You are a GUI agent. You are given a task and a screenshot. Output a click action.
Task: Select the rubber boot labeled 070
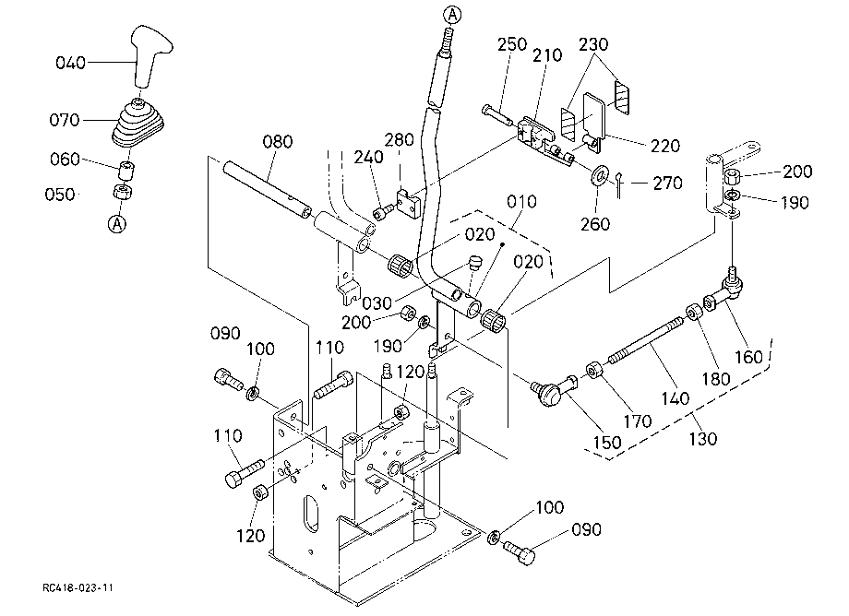tap(138, 123)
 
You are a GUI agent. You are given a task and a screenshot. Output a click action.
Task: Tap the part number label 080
tap(277, 142)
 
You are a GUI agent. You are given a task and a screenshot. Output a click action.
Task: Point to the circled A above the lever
tap(452, 15)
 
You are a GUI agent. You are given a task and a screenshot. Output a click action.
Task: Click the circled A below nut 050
tap(117, 223)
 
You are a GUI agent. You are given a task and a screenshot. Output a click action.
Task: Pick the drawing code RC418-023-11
tap(78, 588)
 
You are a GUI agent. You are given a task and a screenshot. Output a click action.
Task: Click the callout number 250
tap(511, 44)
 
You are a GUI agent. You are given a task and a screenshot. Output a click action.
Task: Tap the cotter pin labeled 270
tap(620, 181)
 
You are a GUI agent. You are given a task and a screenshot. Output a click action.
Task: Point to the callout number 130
tap(702, 438)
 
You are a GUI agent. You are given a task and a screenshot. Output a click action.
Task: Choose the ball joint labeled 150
tap(554, 390)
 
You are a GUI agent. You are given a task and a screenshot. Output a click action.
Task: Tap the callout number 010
tap(521, 202)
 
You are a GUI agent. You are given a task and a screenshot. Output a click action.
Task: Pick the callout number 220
tap(665, 146)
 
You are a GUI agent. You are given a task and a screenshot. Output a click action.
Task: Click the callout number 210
tap(547, 55)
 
